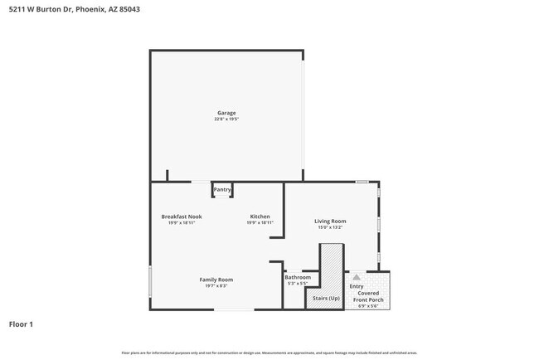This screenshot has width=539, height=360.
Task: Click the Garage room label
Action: (226, 113)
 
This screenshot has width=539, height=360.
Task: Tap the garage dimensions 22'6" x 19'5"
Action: (226, 119)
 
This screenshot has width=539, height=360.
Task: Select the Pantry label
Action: (222, 190)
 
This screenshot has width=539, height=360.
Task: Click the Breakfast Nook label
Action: (182, 216)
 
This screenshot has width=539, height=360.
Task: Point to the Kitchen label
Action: (260, 216)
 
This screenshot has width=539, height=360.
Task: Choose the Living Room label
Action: (330, 221)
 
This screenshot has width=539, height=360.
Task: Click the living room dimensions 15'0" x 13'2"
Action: (330, 227)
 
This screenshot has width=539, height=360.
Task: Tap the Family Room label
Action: (216, 280)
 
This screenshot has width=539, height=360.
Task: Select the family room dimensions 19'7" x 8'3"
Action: (216, 286)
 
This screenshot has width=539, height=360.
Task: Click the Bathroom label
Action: (298, 277)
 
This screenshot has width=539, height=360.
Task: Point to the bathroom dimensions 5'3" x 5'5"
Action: (298, 284)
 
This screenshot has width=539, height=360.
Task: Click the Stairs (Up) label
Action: (325, 298)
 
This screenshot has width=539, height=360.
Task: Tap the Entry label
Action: (357, 287)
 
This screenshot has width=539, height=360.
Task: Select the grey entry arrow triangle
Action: (357, 278)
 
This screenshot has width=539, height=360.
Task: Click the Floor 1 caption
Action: (21, 324)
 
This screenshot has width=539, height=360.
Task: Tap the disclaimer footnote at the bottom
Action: (269, 353)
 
